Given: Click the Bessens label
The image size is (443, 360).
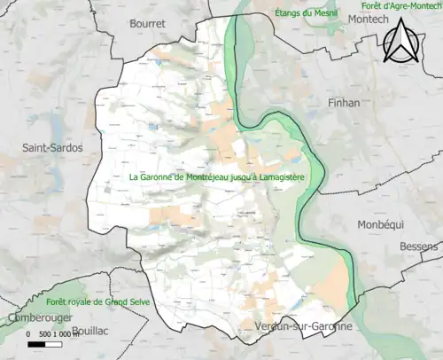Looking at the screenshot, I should (x=420, y=245).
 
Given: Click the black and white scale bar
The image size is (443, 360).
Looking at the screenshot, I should (x=46, y=343).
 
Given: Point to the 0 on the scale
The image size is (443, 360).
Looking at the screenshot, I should (x=29, y=334).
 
